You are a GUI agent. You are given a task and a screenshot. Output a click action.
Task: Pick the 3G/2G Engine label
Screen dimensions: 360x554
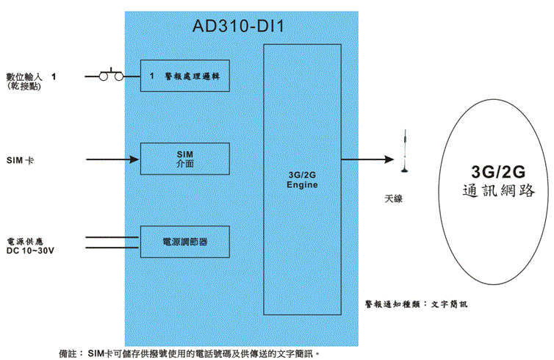coord(302,180)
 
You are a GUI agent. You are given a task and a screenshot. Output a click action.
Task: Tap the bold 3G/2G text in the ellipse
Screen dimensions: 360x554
coord(498,171)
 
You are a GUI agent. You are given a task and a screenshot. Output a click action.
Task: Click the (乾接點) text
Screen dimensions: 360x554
coord(23,86)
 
